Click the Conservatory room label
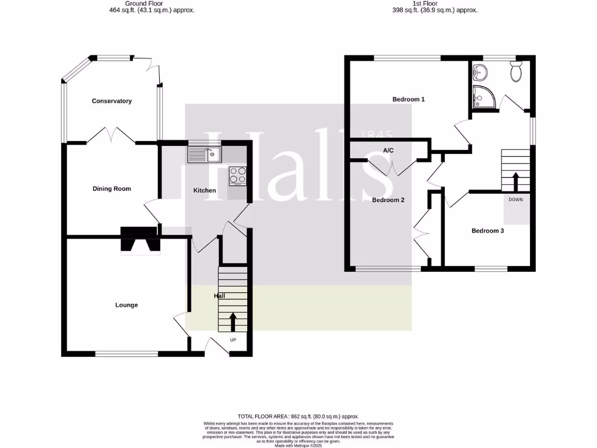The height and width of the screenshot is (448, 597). click(x=111, y=101)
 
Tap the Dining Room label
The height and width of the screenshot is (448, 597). click(x=111, y=188)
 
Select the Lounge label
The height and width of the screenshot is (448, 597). click(x=127, y=305)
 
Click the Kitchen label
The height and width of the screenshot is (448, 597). click(x=205, y=190)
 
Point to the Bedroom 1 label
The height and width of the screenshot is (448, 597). click(x=408, y=99)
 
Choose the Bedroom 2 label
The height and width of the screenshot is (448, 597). click(x=388, y=199)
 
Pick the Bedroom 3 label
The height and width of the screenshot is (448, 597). click(x=487, y=230)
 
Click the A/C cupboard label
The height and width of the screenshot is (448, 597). click(x=388, y=150)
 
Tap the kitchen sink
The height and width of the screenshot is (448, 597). click(x=203, y=155)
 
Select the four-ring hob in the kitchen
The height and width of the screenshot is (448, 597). click(x=237, y=176)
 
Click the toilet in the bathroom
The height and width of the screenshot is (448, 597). click(x=516, y=72)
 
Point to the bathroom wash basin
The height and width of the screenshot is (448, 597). click(x=482, y=72)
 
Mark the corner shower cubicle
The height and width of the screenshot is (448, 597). click(x=483, y=97)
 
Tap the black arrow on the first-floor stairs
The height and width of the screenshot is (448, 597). click(x=515, y=180)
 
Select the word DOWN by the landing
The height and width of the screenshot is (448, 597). click(x=516, y=199)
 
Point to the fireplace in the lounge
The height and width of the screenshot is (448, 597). click(x=140, y=240)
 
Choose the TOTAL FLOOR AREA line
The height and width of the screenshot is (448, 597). click(x=298, y=416)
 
